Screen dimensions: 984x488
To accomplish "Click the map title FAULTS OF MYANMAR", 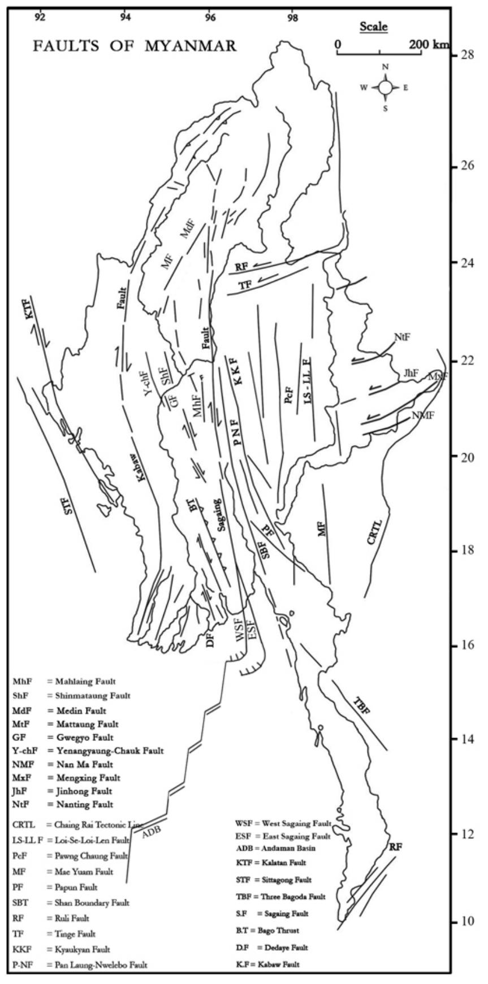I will pos(134,46).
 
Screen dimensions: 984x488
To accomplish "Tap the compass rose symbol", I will pos(386,87).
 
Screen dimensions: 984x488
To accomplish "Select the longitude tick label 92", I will pos(40,16).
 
